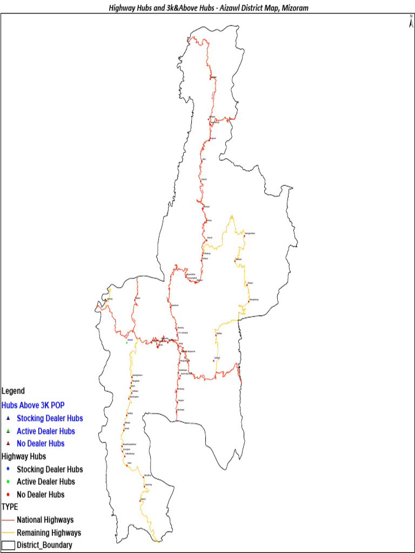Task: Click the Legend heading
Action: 13,390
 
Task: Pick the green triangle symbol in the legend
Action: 8,431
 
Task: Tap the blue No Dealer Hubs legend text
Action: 41,443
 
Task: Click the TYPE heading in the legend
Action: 10,507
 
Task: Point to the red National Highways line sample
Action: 8,520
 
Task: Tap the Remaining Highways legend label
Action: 49,533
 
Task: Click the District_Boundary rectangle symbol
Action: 8,545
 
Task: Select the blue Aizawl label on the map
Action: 130,339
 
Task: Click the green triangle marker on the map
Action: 126,342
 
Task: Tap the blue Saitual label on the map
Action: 217,358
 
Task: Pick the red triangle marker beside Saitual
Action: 214,361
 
